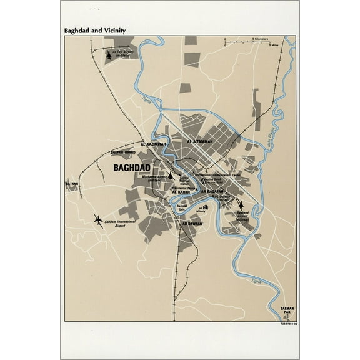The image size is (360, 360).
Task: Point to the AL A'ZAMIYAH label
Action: (200, 142)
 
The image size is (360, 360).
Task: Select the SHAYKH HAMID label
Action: (123, 152)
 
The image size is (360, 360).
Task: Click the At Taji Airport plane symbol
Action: (110, 56)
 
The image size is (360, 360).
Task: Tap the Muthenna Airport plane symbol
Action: (171, 176)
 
